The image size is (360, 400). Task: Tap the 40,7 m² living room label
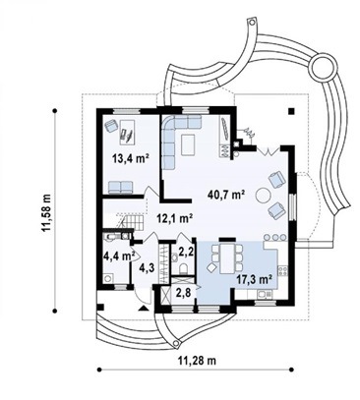227,195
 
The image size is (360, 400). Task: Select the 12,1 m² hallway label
174,218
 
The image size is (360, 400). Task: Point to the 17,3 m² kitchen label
255,279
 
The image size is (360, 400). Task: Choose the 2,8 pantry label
183,293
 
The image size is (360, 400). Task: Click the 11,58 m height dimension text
46,213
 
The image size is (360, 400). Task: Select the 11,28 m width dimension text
198,361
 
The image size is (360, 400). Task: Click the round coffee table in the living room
264,196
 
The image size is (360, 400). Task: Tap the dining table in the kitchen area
227,257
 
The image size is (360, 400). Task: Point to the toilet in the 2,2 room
184,268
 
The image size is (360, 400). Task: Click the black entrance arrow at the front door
144,308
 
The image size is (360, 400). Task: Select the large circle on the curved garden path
324,68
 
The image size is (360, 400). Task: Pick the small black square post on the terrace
291,111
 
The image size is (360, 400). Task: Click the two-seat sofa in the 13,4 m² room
120,188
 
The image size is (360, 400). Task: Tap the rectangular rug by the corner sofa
188,144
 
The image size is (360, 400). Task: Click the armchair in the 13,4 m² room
111,126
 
